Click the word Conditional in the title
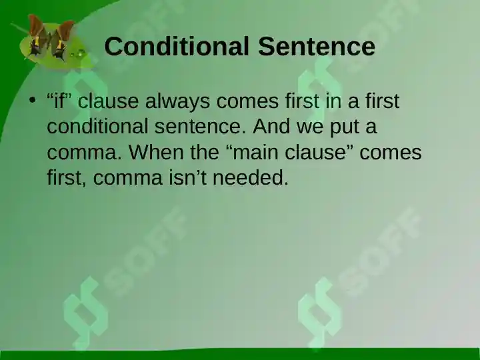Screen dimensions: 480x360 176,46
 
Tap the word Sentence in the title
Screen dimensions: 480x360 317,46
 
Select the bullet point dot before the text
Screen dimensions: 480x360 33,100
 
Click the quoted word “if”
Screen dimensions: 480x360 59,101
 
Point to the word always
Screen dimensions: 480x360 177,101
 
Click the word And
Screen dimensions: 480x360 271,126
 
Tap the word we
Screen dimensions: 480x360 310,128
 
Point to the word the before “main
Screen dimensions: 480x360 205,151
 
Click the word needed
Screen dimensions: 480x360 251,177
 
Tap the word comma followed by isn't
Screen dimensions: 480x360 127,179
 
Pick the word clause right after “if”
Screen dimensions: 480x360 108,101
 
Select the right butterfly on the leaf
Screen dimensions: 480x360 62,40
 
